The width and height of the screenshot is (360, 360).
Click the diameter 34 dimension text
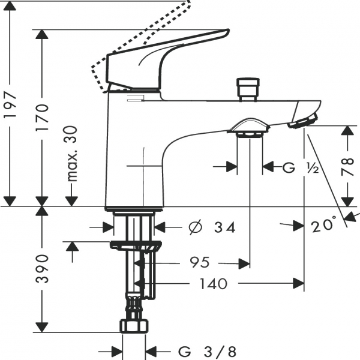pyautogui.click(x=211, y=227)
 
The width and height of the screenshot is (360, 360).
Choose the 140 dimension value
pyautogui.click(x=212, y=283)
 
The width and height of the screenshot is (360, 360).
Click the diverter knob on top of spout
pyautogui.click(x=247, y=88)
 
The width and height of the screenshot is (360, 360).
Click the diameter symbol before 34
pyautogui.click(x=195, y=227)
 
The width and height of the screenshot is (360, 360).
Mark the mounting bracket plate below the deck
pyautogui.click(x=136, y=244)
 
